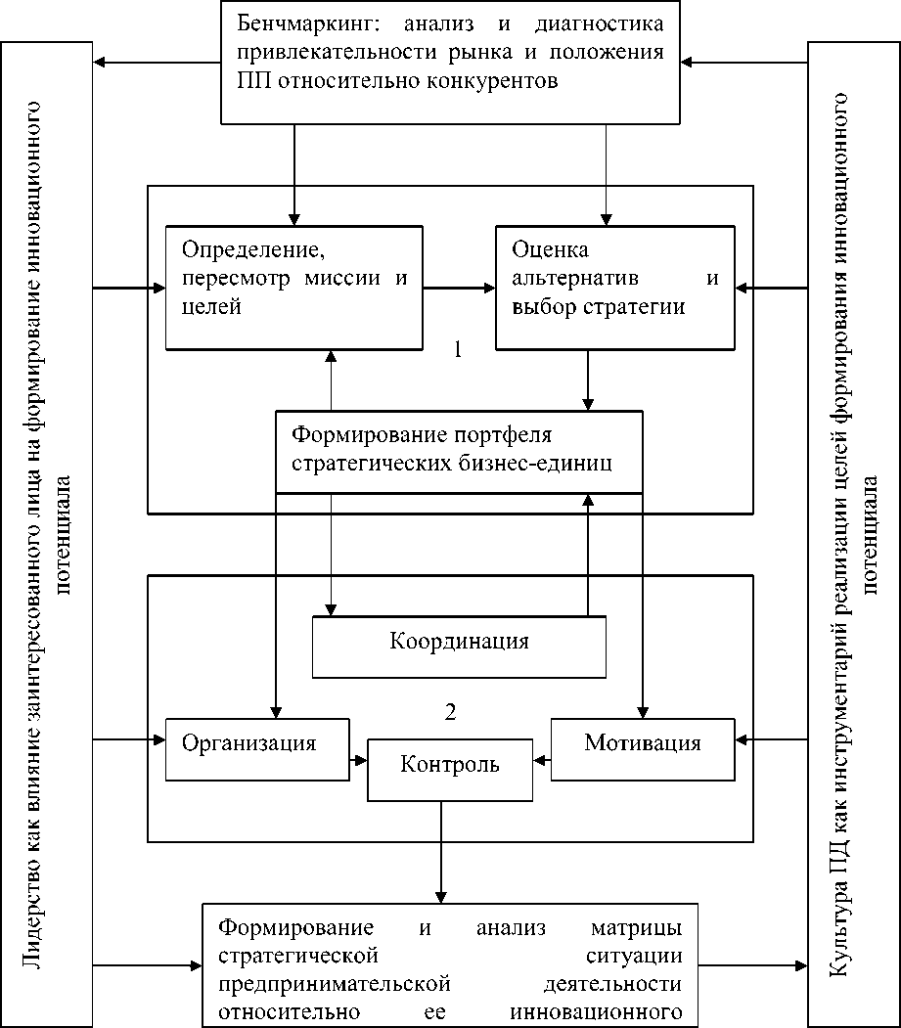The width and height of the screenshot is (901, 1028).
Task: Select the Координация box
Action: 459,643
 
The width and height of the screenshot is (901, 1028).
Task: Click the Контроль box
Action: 450,764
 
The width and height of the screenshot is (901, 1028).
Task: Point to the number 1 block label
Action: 457,349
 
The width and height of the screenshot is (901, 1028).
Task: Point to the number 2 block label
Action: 450,711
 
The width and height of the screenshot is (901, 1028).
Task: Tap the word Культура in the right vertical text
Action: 839,935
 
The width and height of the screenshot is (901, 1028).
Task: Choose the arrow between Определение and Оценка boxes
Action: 460,288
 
